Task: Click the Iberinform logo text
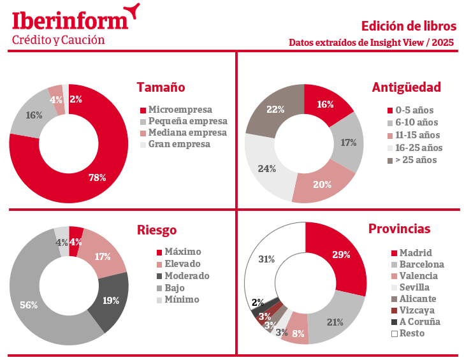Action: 70,20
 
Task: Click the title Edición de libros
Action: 409,26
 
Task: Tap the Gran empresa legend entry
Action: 179,145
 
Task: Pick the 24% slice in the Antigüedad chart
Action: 266,169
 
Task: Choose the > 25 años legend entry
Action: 416,160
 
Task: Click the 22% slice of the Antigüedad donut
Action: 275,109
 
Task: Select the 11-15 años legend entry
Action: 417,135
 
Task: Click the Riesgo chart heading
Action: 157,230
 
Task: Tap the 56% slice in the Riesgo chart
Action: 29,305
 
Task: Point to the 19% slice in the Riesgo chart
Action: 110,300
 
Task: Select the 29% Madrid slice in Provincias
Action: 341,255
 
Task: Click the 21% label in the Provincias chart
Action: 335,322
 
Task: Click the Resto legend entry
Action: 412,333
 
